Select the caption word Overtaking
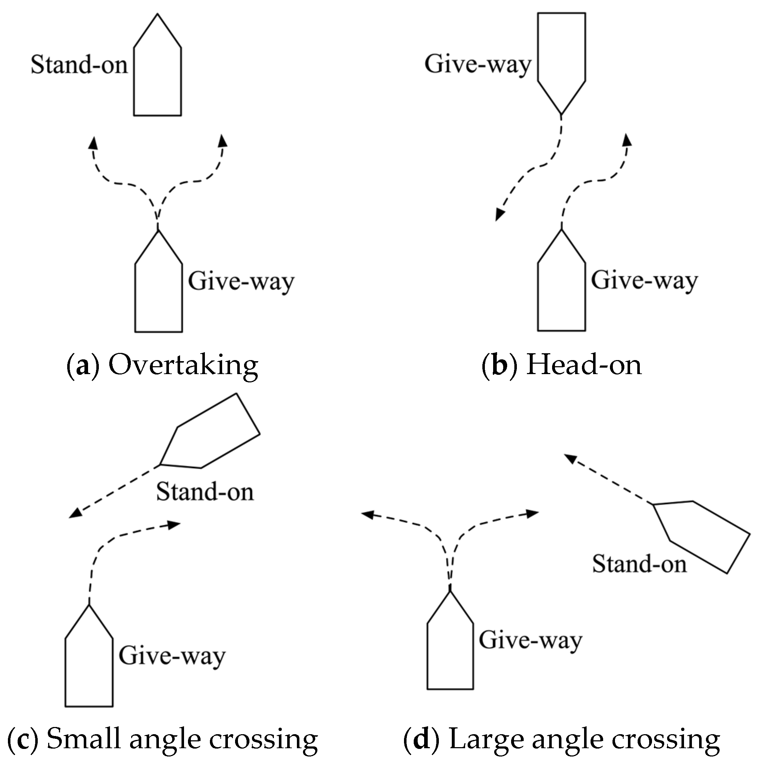coord(183,364)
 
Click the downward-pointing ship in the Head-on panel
coord(561,56)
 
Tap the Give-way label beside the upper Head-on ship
coord(478,64)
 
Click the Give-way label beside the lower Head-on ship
coord(644,280)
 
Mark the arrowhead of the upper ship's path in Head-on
coord(500,215)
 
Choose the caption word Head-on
coord(584,364)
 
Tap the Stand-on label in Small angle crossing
coord(205,491)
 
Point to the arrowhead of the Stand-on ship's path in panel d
coord(570,459)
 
